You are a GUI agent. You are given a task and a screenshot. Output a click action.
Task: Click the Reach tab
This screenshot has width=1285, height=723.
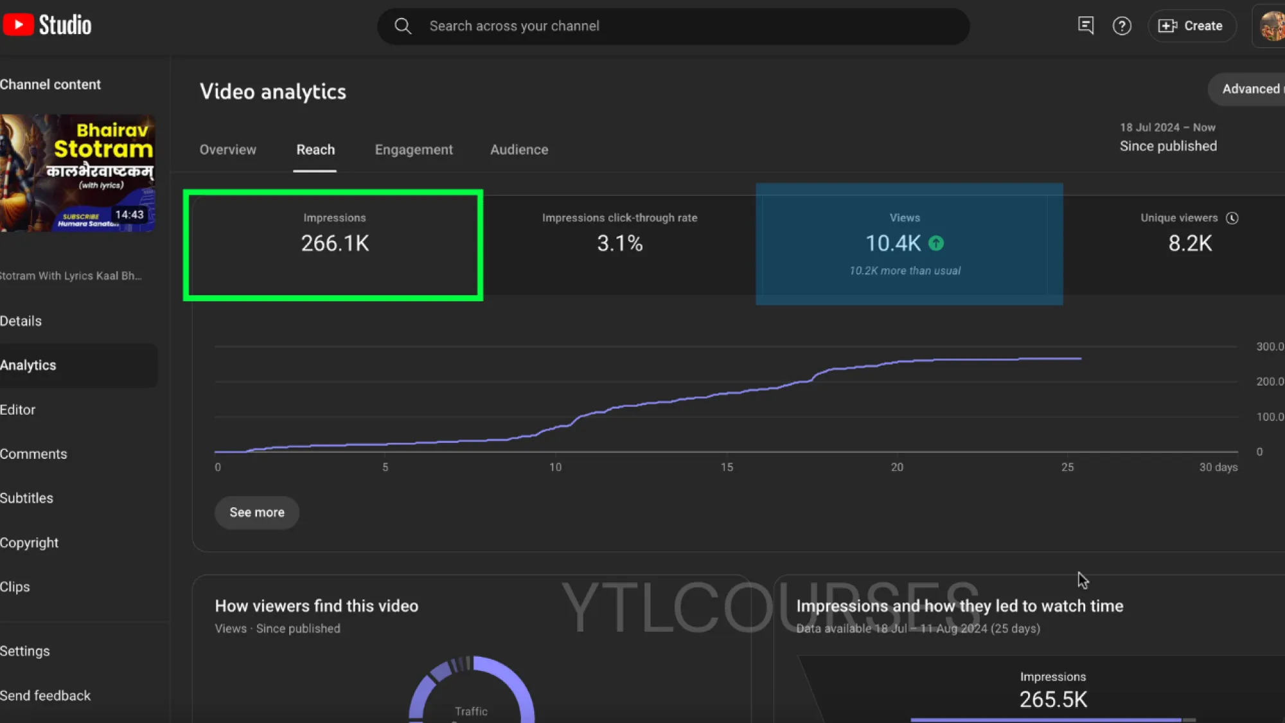tap(315, 150)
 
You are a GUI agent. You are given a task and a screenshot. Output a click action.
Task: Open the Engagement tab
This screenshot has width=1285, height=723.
tap(414, 150)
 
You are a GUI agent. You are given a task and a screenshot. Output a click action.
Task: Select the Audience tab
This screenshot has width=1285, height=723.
tap(519, 150)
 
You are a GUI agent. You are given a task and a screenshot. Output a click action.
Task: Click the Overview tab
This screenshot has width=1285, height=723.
tap(227, 150)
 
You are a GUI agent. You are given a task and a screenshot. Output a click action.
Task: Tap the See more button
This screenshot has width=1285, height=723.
tap(257, 512)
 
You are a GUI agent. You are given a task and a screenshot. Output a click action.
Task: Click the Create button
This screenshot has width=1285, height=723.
tap(1192, 26)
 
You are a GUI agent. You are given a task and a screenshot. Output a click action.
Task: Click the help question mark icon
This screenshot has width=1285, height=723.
tap(1122, 26)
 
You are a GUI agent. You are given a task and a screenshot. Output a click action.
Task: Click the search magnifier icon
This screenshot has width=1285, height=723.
tap(403, 26)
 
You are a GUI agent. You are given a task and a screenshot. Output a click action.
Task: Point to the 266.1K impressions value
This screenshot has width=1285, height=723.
tap(335, 244)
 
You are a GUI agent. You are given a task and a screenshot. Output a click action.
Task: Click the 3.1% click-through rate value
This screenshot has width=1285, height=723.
tap(619, 244)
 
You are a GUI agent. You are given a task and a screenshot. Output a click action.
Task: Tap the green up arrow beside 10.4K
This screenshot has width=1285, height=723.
tap(936, 244)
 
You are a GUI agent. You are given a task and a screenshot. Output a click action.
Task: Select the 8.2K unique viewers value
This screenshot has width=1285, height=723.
tap(1190, 244)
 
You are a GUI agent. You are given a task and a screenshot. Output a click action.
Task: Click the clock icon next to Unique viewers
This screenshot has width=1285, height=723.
tap(1232, 218)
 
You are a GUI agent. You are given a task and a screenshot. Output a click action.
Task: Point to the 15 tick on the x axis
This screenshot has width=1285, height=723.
tap(727, 467)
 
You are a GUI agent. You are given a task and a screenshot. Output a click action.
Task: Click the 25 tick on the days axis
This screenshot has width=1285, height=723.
tap(1067, 467)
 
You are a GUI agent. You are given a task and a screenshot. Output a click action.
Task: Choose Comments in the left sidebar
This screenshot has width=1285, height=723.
tap(33, 454)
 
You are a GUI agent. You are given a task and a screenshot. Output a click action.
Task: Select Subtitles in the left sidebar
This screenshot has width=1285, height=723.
tap(26, 498)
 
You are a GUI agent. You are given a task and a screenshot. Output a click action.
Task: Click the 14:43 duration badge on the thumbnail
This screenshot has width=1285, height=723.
tap(129, 215)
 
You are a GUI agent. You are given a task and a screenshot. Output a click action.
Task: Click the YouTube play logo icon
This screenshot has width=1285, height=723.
tap(19, 25)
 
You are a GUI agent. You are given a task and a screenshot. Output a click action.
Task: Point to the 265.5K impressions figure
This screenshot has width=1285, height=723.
tap(1053, 699)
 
